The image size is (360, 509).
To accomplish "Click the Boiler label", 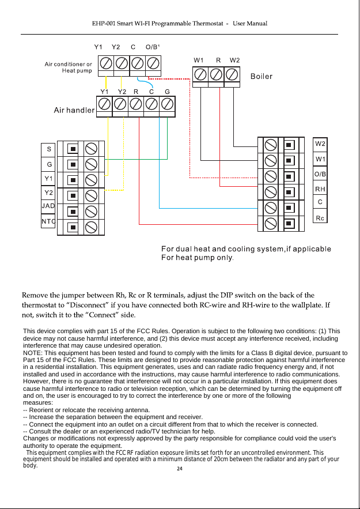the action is click(262, 76).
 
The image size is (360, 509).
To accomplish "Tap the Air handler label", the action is click(74, 110).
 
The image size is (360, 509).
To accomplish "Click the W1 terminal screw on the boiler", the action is click(200, 74).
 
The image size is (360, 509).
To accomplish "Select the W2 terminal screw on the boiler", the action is click(232, 74).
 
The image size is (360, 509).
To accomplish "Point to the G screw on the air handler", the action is click(167, 104).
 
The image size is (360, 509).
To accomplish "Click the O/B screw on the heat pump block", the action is click(153, 62).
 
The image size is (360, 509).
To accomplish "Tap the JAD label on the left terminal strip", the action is click(48, 206).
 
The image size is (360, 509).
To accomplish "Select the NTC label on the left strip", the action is click(48, 221).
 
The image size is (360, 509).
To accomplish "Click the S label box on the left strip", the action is click(48, 149).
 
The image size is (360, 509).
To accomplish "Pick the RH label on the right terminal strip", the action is click(320, 189).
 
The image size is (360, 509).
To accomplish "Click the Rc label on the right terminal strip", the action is click(320, 218).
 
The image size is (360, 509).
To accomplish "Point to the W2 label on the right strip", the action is click(320, 144).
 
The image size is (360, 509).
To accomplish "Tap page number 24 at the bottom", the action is click(179, 469).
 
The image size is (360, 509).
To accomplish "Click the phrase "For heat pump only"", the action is click(198, 258).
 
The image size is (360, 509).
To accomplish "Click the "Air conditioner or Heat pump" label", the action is click(69, 67).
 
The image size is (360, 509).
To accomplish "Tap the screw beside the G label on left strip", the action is click(91, 164).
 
